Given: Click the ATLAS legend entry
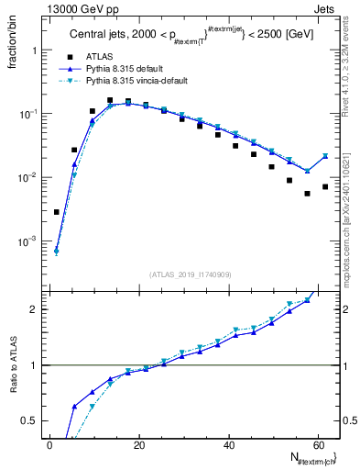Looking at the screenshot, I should [98, 57].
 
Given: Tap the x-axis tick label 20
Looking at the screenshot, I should [138, 444].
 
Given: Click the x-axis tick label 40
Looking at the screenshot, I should [228, 444].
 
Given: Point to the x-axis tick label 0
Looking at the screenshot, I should [49, 444].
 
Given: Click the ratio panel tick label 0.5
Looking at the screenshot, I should [28, 420].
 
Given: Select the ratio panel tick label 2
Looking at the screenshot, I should [33, 309].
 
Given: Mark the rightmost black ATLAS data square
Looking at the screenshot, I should [325, 186].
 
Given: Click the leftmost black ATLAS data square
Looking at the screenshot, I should [57, 212].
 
